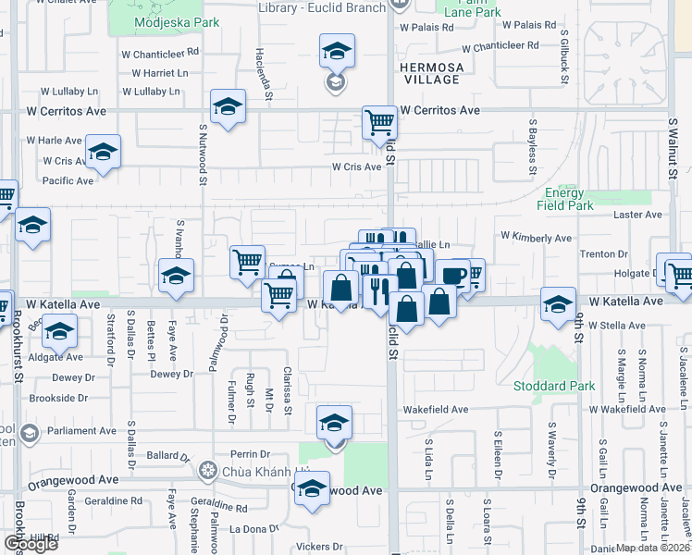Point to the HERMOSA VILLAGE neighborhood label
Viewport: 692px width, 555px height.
tap(429, 73)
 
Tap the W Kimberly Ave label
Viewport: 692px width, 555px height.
tap(537, 238)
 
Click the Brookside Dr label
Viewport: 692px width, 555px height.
tap(57, 398)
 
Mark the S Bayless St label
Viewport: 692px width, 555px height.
tap(533, 145)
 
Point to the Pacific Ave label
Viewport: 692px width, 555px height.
tap(68, 180)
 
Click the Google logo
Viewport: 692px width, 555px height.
tap(31, 544)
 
